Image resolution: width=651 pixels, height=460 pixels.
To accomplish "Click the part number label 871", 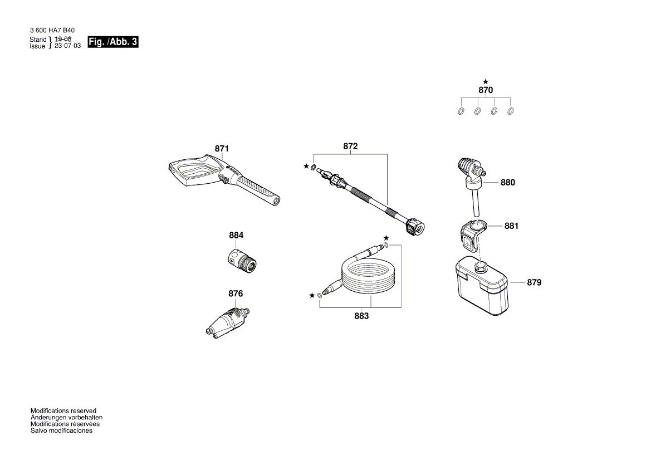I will [x=222, y=149].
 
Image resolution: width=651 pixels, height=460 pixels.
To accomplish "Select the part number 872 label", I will [x=350, y=146].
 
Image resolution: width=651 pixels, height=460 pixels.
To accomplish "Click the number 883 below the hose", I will [x=361, y=316].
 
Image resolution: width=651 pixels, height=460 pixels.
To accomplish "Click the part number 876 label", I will [x=236, y=293].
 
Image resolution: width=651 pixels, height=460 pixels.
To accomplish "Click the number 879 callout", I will [x=533, y=282].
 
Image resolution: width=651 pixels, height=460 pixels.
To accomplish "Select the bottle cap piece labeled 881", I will [x=471, y=234].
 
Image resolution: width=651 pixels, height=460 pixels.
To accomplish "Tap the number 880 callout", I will [x=507, y=182].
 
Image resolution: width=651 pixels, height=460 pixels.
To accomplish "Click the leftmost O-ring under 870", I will [x=461, y=111].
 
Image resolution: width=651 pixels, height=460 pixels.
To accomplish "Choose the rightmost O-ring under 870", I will [x=511, y=111].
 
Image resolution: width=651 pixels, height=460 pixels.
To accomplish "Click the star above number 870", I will [x=486, y=81].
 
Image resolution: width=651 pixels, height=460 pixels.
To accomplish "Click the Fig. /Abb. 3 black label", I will [x=113, y=42].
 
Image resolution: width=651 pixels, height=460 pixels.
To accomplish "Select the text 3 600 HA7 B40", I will [x=51, y=31].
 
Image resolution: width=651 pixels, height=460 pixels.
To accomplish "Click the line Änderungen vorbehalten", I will [x=66, y=417].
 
